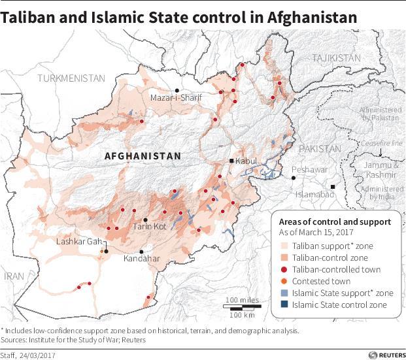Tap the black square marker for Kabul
pyautogui.click(x=231, y=161)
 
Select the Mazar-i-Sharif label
pyautogui.click(x=176, y=98)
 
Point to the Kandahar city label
pyautogui.click(x=142, y=259)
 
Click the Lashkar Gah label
pyautogui.click(x=82, y=242)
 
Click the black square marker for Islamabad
pyautogui.click(x=333, y=187)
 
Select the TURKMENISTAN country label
pyautogui.click(x=71, y=78)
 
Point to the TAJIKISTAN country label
pyautogui.click(x=336, y=58)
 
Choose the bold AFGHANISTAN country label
pyautogui.click(x=142, y=156)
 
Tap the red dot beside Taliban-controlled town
pyautogui.click(x=283, y=269)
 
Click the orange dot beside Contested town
pyautogui.click(x=283, y=281)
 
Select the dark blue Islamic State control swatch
pyautogui.click(x=283, y=304)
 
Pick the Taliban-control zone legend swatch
pyautogui.click(x=283, y=257)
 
